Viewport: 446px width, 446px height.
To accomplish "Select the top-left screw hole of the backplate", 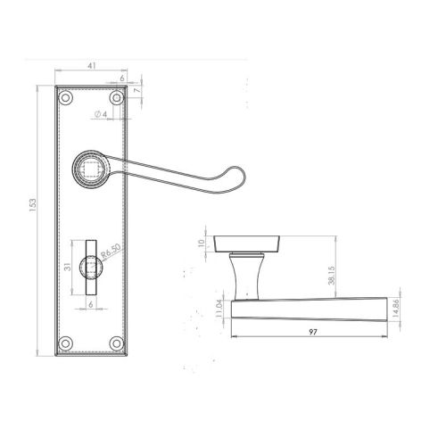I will pyautogui.click(x=65, y=98).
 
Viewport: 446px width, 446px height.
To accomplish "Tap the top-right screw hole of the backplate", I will pyautogui.click(x=116, y=98).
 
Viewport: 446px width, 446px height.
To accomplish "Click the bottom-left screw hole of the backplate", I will pyautogui.click(x=65, y=342).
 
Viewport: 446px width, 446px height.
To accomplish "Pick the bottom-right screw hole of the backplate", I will pyautogui.click(x=116, y=342).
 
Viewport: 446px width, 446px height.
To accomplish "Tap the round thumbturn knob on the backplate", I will pyautogui.click(x=91, y=266).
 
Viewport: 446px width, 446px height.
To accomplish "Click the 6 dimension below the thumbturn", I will pyautogui.click(x=91, y=303).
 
